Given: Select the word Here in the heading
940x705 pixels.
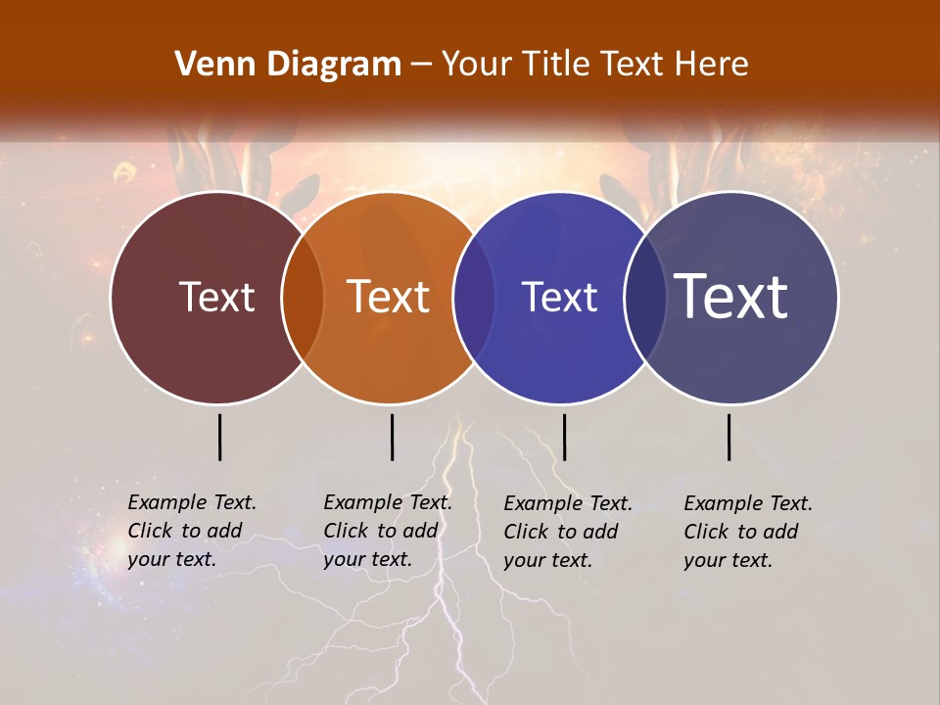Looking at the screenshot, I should pos(712,65).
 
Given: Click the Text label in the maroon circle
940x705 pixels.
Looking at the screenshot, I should pos(216,297).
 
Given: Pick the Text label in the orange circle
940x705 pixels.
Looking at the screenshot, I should pos(389,297).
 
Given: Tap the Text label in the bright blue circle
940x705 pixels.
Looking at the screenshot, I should pos(559,297).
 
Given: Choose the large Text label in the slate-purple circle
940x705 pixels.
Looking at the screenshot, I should pos(731,296).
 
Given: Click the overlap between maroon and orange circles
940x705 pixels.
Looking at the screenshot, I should pos(303,298).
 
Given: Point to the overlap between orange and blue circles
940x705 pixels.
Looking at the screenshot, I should pos(474,298).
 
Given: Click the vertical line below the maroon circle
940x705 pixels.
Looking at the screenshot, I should pos(219,437).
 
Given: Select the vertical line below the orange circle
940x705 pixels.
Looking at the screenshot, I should pos(392,437).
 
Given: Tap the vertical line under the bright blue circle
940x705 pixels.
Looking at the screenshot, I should pos(564,437).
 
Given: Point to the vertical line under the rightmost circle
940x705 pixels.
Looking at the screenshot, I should pos(729,437).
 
